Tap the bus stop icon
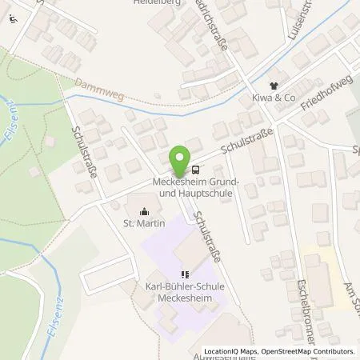point(196,170)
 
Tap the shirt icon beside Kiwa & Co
point(274,86)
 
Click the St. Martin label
point(144,223)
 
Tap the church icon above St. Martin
point(144,212)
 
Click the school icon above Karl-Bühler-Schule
point(185,273)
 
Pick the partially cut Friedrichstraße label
point(215,24)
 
